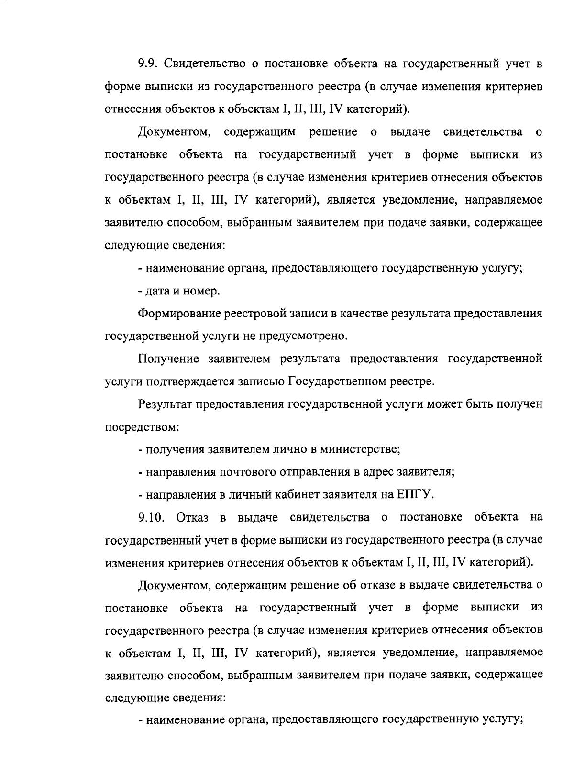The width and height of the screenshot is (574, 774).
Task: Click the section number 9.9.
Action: [x=149, y=64]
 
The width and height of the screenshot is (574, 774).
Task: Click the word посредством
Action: [x=142, y=427]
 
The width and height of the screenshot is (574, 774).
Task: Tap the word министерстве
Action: [x=360, y=449]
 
